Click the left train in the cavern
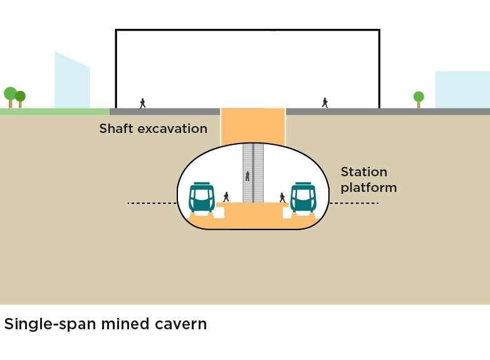pos(202,198)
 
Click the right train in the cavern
pos(303,198)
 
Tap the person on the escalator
pos(248,176)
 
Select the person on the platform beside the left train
pos(226,197)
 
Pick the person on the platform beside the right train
pos(283,197)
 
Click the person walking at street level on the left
pos(143,103)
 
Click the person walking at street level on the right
pos(325,102)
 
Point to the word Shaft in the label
pos(116,129)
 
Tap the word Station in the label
pos(364,172)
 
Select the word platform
pos(368,188)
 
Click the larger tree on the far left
pos(10,95)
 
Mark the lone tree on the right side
pos(419,98)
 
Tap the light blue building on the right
pos(462,89)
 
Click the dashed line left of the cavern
pos(152,203)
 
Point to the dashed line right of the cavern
pos(354,203)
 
